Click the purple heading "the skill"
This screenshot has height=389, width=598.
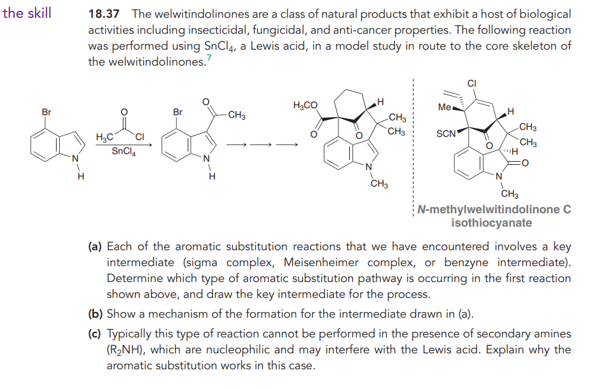[x=27, y=13]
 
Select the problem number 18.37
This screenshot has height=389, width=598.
[x=106, y=14]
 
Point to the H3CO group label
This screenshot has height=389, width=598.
[x=305, y=105]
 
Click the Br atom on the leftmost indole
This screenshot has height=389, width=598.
[x=46, y=113]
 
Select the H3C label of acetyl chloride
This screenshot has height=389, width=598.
[x=104, y=138]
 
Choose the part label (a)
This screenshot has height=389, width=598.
[x=95, y=246]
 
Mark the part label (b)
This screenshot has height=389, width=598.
[x=95, y=314]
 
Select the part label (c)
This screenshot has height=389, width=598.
[x=95, y=334]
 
